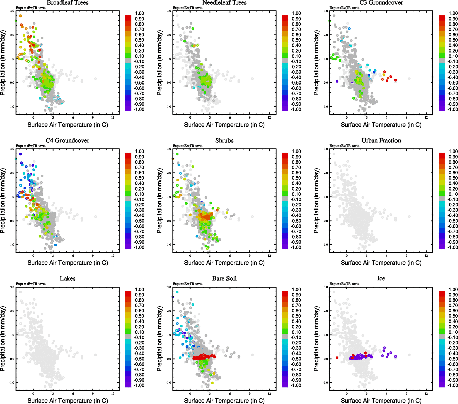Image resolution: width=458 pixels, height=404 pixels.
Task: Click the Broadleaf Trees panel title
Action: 68,3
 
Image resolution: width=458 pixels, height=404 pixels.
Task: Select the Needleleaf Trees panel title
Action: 224,3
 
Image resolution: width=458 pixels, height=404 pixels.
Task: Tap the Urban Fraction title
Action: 381,141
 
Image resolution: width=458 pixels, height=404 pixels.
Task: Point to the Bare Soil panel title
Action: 224,279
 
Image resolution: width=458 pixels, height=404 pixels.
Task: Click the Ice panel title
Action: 381,279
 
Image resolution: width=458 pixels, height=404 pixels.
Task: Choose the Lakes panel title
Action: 68,279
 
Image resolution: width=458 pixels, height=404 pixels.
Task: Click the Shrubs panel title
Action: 224,141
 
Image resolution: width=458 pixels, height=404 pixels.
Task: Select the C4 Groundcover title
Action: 68,141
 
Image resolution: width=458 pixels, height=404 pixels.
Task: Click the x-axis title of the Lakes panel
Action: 68,401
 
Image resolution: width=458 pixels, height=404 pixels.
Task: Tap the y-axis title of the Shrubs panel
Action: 160,201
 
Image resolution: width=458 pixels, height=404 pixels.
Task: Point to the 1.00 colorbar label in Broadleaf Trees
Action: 139,13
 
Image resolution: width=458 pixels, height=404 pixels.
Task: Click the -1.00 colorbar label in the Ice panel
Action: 453,385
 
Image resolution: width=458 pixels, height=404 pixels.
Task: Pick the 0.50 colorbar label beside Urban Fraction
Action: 453,178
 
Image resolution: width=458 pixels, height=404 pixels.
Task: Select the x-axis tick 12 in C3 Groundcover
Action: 426,117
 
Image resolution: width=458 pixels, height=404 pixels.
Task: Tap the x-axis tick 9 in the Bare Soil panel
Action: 250,394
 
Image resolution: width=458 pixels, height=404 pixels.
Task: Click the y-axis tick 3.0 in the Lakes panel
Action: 12,287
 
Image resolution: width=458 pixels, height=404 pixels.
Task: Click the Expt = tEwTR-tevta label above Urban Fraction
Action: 344,146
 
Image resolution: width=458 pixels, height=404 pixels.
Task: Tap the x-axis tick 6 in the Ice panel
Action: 386,394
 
